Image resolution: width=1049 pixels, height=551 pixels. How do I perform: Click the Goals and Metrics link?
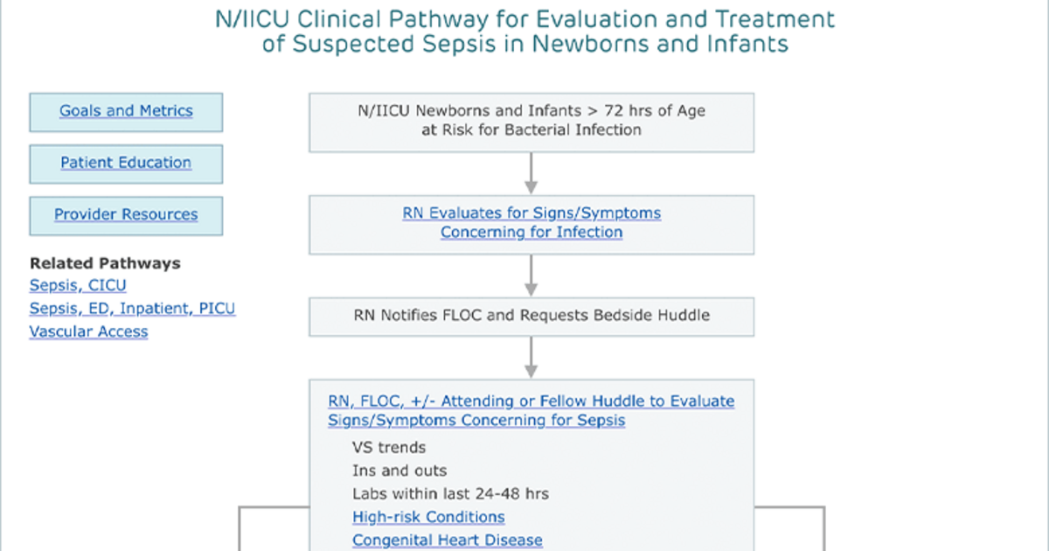pos(126,110)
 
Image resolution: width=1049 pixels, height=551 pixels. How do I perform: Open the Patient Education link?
pos(126,163)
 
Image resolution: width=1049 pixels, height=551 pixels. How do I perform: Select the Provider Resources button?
pos(126,215)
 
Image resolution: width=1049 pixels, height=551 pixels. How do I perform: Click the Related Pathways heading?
pos(105,263)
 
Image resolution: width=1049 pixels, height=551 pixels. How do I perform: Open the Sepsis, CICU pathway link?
pos(78,285)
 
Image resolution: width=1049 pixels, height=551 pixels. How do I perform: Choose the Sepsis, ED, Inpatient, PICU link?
pos(132,308)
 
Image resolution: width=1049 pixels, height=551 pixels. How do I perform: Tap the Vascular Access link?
pos(88,331)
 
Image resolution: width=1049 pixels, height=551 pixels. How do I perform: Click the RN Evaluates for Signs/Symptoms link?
pos(531,222)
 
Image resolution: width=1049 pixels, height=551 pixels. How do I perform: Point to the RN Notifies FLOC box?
pos(531,317)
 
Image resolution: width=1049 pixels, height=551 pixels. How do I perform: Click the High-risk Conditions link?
pos(428,517)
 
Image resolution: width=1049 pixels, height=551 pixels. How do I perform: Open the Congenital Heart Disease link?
pos(448,541)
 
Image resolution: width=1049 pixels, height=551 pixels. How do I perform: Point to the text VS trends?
pos(389,448)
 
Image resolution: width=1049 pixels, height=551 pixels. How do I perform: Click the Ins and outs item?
pos(399,471)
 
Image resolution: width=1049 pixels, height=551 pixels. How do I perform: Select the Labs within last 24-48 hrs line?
pos(450,494)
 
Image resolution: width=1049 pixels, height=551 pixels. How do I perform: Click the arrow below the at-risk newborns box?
pos(531,173)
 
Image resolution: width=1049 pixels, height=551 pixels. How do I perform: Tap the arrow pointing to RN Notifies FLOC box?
pos(531,275)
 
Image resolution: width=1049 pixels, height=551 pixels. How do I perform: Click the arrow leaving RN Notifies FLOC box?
pos(531,357)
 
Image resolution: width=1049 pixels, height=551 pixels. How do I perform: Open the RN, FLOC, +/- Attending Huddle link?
pos(531,410)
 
